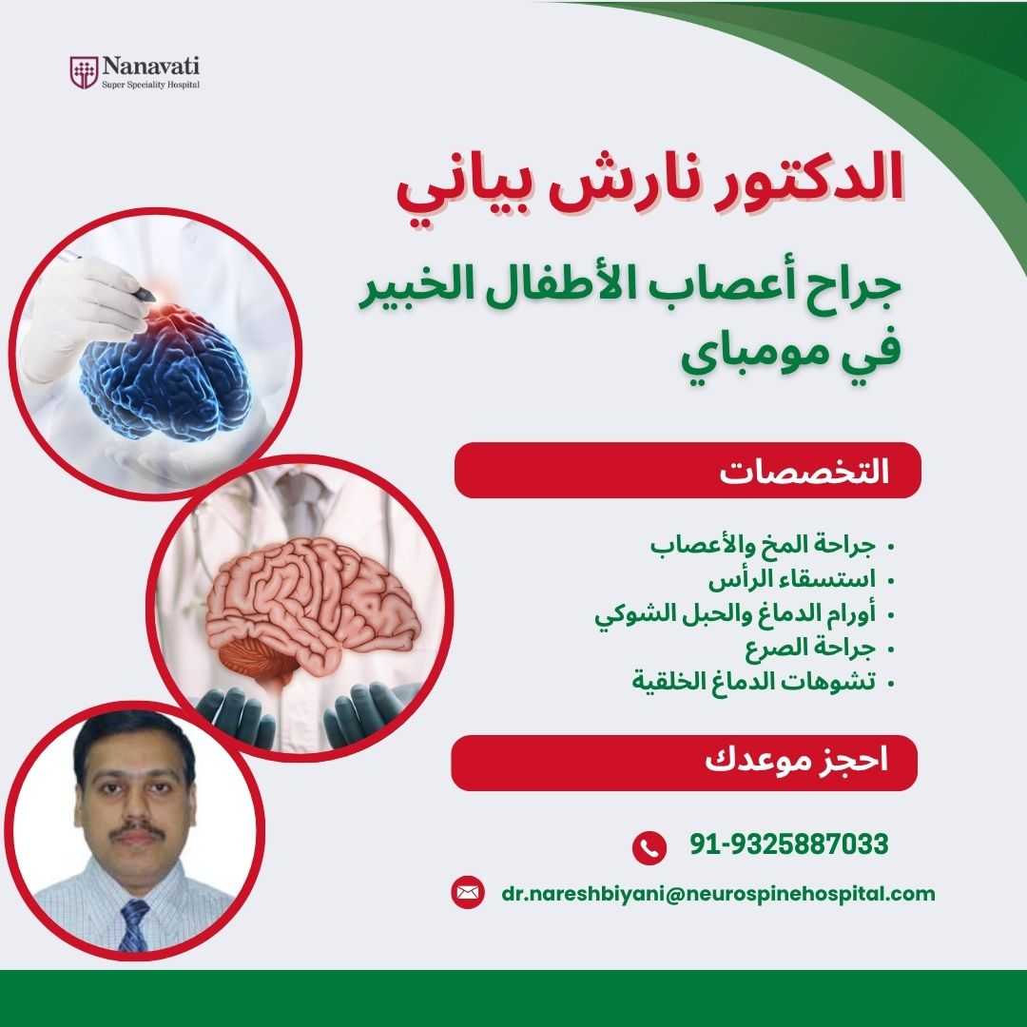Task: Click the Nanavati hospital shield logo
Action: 84,72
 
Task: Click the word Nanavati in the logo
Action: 151,67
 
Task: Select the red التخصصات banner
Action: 688,471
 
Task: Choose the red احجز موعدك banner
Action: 685,763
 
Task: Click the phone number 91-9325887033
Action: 789,843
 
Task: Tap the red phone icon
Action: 649,847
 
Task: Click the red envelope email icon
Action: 468,892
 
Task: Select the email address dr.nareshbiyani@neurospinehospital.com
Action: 719,894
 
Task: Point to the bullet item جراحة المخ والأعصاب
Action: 763,545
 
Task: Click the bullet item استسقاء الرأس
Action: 792,580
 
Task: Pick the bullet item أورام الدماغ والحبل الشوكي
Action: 735,614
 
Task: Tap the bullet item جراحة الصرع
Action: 810,648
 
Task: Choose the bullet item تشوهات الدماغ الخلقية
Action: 754,681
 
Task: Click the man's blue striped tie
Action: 134,924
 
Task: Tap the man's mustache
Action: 137,830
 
